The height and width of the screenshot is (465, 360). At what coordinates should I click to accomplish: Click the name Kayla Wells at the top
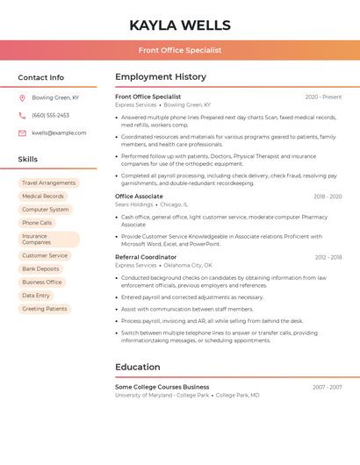pos(180,25)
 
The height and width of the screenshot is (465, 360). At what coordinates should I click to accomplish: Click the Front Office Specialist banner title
pos(180,51)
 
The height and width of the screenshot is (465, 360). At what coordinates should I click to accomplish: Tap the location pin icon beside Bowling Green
pos(22,98)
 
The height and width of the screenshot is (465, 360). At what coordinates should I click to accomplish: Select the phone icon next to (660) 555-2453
pos(22,116)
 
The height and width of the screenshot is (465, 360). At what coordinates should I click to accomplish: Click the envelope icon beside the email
pos(22,133)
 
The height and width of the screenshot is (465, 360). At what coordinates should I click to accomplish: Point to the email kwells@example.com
pos(59,133)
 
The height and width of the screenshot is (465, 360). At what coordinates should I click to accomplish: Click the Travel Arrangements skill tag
pos(49,183)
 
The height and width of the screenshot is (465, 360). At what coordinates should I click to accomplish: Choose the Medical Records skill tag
pos(43,197)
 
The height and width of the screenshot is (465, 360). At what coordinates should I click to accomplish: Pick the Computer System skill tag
pos(46,210)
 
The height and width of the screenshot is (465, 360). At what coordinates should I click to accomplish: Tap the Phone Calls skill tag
pos(37,223)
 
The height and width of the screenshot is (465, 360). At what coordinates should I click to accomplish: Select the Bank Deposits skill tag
pos(40,269)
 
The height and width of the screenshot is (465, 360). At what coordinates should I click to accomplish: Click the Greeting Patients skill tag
pos(45,309)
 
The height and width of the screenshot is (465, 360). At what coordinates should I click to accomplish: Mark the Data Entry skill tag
pos(36,296)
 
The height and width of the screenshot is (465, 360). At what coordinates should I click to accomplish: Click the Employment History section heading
pos(161,77)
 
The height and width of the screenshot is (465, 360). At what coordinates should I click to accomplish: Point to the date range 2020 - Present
pos(323,97)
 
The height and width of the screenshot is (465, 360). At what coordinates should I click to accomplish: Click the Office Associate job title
pos(139,197)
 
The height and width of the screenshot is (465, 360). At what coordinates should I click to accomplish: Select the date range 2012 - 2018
pos(328,257)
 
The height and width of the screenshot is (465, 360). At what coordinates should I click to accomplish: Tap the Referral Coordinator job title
pos(146,257)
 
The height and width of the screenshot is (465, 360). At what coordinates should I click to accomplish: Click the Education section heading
pos(138,367)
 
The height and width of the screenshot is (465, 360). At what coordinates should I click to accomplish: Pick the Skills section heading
pos(28,160)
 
